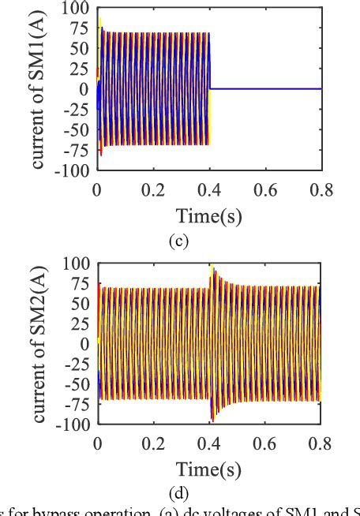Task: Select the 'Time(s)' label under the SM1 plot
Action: point(208,215)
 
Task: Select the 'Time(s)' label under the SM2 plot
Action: point(208,470)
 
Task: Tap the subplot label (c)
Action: point(179,241)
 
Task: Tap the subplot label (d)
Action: point(179,495)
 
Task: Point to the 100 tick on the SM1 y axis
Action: point(77,8)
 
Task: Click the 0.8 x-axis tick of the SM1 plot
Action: point(321,189)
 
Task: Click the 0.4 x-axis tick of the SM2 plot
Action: point(209,443)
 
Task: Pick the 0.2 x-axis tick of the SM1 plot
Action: point(153,189)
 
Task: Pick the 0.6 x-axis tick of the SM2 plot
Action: point(265,443)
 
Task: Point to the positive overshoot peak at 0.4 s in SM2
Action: point(212,267)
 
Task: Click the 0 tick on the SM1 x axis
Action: point(97,189)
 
